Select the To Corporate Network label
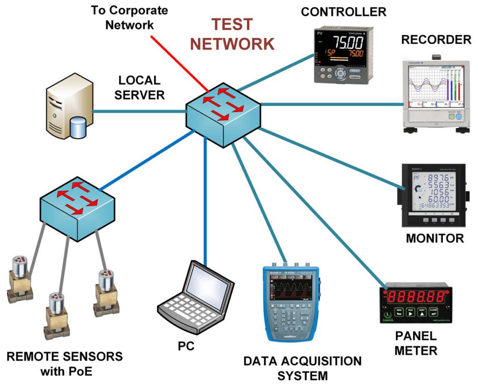pos(129,17)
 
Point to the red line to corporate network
pos(180,61)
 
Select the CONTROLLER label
pos(343,12)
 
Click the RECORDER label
pos(436,40)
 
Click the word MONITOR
pos(435,238)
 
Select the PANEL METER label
pos(416,343)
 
